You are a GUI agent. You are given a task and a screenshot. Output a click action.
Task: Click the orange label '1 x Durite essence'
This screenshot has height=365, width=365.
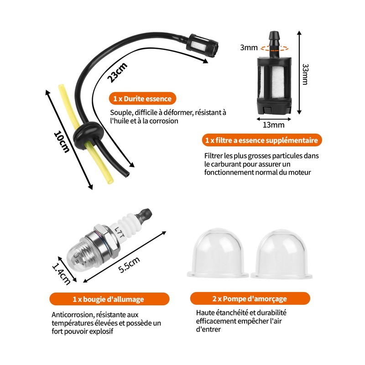click(142, 99)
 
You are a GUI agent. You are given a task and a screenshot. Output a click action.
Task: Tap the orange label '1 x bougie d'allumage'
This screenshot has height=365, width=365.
click(108, 299)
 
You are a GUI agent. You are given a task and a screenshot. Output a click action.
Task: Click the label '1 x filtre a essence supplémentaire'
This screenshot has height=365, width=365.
click(261, 140)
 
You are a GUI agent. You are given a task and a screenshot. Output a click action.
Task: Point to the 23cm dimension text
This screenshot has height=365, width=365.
click(117, 72)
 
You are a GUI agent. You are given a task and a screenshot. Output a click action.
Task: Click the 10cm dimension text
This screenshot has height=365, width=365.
click(62, 142)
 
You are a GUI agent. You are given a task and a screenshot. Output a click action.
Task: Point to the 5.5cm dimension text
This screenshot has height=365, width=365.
click(129, 265)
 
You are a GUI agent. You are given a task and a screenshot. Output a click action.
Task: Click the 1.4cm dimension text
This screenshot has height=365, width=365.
click(61, 272)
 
